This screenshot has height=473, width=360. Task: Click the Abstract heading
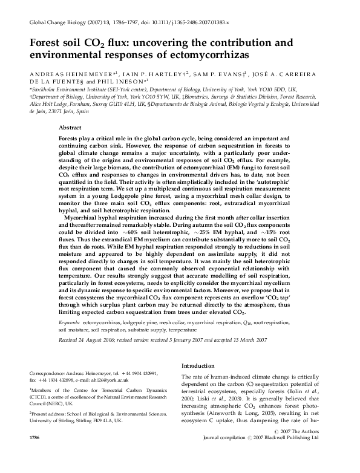70,128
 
